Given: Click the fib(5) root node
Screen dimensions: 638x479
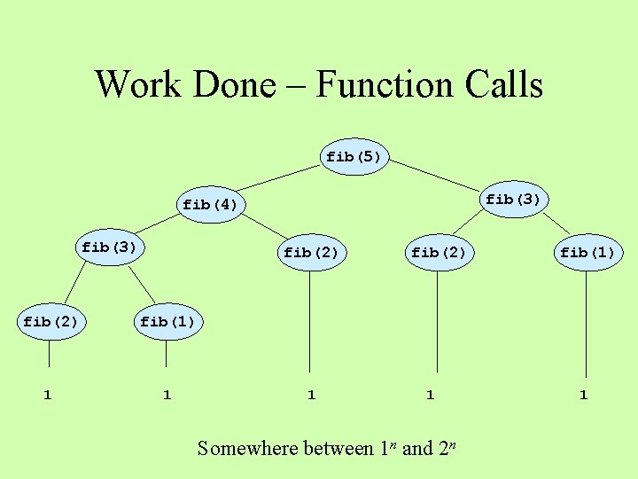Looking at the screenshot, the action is (x=354, y=157).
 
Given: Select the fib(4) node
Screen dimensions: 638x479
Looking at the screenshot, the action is (x=210, y=205).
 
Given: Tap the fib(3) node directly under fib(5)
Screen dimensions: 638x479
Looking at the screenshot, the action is (x=513, y=200).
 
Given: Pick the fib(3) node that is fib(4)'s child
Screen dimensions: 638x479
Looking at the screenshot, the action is (x=109, y=247).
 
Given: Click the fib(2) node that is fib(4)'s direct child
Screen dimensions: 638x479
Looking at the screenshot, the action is (x=311, y=253).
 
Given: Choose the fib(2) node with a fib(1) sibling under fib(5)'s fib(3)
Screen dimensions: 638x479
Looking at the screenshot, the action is (x=438, y=253).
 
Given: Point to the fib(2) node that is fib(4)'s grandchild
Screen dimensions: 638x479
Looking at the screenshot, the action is (x=50, y=322).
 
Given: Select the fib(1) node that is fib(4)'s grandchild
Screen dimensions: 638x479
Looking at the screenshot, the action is (x=167, y=322).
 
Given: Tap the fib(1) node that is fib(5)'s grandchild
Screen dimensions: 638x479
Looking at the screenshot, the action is (x=587, y=253).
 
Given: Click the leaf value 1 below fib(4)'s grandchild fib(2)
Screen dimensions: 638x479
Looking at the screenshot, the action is (x=48, y=395).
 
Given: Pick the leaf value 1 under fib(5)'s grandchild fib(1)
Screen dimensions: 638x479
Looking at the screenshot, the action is (x=583, y=395).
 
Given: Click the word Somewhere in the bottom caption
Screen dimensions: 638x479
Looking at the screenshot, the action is (x=248, y=448).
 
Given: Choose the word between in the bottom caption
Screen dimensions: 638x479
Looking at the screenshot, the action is (x=338, y=448).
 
